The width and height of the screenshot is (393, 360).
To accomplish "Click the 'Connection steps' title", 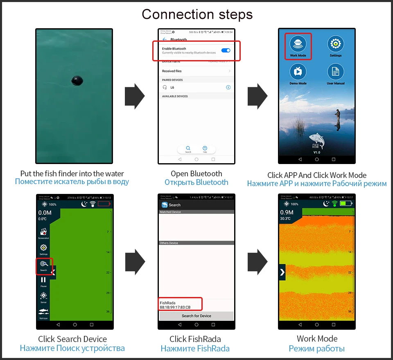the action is [197, 14].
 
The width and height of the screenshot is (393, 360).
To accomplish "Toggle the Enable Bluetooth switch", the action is [226, 50].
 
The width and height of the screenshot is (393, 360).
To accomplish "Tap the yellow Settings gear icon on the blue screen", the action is [335, 43].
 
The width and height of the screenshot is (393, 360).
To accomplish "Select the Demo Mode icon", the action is [298, 72].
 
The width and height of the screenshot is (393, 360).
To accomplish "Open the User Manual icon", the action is [335, 72].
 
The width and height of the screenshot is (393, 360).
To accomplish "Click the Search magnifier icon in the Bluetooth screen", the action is [188, 148].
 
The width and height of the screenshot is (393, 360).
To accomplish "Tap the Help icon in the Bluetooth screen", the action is [205, 148].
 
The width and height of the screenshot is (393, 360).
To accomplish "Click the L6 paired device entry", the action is [172, 88].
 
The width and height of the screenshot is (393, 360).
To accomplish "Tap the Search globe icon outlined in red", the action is [44, 265].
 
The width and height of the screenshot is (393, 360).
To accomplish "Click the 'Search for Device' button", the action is [196, 316].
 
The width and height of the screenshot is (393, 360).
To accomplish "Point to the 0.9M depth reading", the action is [287, 212].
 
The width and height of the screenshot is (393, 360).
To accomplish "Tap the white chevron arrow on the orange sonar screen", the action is [282, 272].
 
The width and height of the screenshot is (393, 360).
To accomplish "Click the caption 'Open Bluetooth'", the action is [196, 174].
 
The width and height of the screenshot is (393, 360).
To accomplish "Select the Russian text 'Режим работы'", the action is [317, 349].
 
